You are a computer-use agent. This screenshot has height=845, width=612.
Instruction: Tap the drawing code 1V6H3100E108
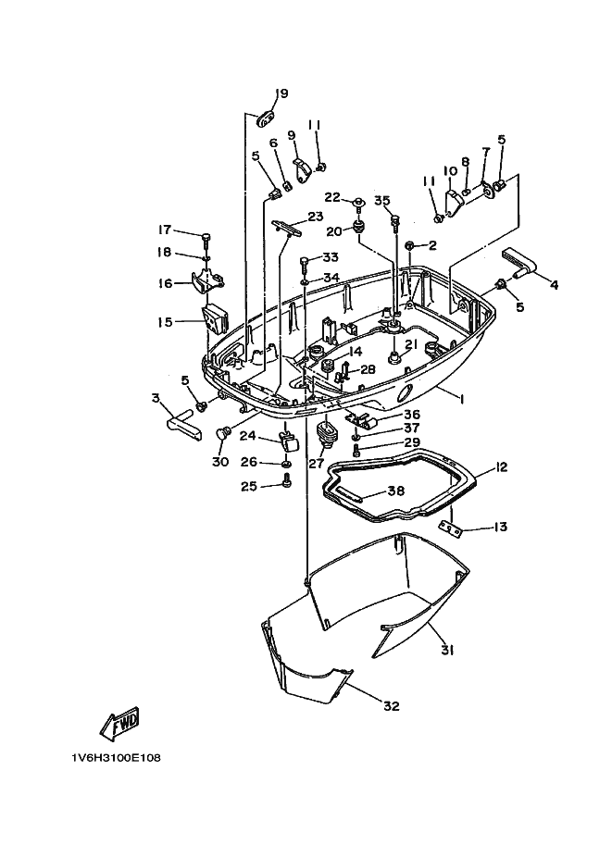point(116,758)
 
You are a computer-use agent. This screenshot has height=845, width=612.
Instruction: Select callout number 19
point(281,93)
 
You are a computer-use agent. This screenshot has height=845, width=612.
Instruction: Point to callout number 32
point(392,705)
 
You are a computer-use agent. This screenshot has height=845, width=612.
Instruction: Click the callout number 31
point(446,651)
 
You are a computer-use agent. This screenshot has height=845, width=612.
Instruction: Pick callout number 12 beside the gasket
point(502,466)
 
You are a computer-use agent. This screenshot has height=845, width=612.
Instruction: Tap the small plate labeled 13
point(451,529)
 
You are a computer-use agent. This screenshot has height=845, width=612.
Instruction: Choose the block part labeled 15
point(215,320)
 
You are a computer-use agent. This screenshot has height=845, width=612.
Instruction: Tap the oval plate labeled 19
point(264,118)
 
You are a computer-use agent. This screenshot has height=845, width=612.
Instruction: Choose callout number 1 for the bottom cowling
point(462,399)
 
